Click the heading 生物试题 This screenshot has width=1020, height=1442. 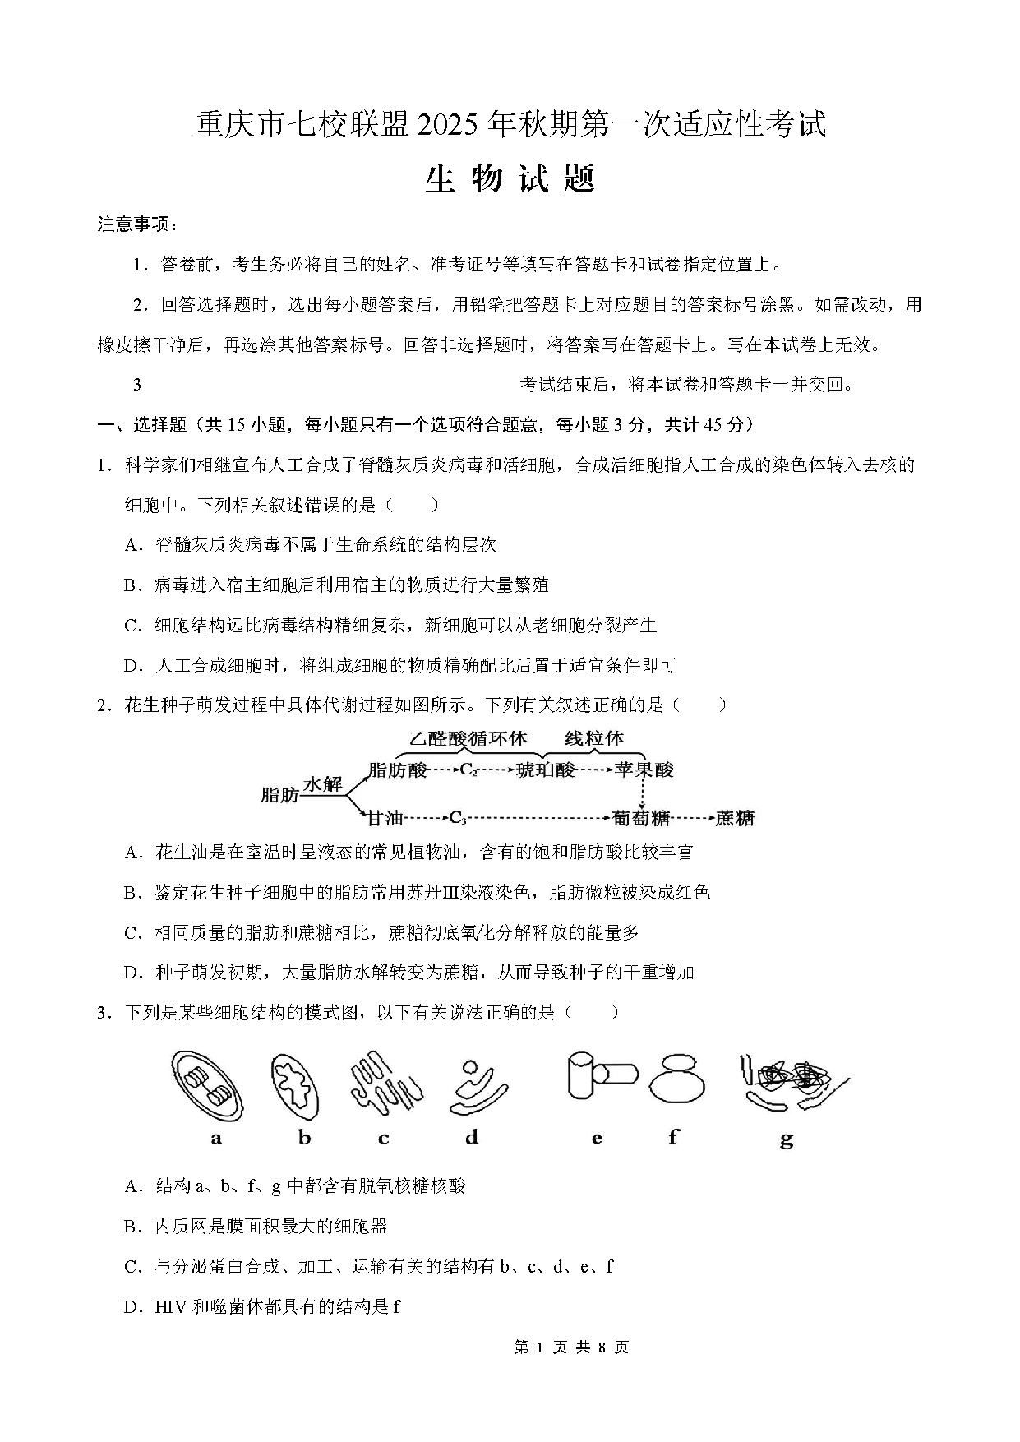coord(510,178)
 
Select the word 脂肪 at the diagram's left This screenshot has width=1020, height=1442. coord(279,795)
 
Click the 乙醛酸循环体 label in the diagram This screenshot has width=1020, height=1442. coord(468,738)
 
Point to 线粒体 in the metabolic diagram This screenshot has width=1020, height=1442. coord(593,738)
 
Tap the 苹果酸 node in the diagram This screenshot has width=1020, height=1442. coord(644,770)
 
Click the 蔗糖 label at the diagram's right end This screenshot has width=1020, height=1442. coord(734,818)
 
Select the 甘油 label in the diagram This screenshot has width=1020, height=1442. coord(385,818)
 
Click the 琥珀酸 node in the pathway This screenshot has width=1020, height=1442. coord(545,770)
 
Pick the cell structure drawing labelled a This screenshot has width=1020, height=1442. coord(209,1086)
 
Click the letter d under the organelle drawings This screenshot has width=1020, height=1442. coord(471,1138)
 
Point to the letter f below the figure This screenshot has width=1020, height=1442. coord(674,1138)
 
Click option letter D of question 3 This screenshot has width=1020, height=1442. coord(131,1306)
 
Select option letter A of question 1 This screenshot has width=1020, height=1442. coord(131,545)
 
